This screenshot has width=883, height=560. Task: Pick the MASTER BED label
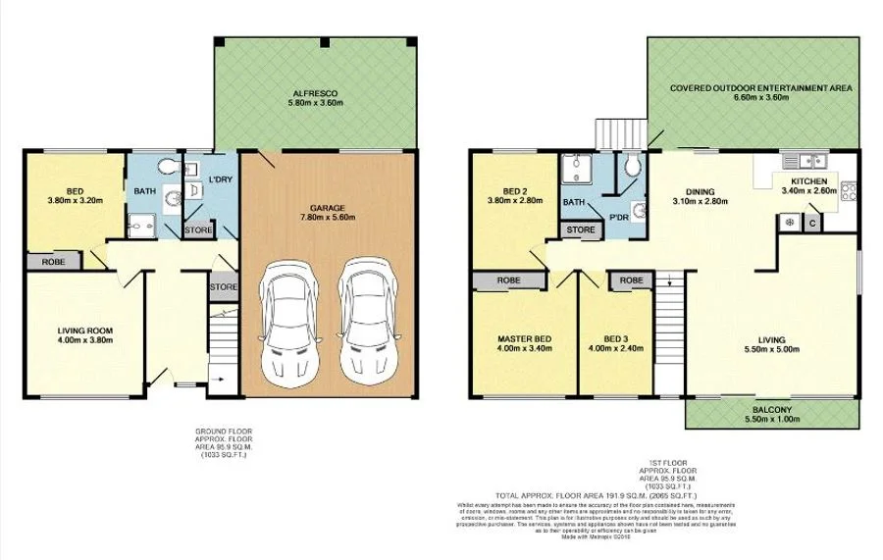[524, 338]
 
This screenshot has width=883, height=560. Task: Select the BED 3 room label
[615, 338]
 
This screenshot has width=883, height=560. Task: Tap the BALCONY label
[772, 408]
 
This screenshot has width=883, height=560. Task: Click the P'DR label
[618, 217]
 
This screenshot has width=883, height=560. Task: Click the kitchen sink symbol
[813, 159]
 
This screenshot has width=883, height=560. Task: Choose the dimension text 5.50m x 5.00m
[771, 349]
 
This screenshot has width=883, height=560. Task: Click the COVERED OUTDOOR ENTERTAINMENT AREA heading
[761, 88]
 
